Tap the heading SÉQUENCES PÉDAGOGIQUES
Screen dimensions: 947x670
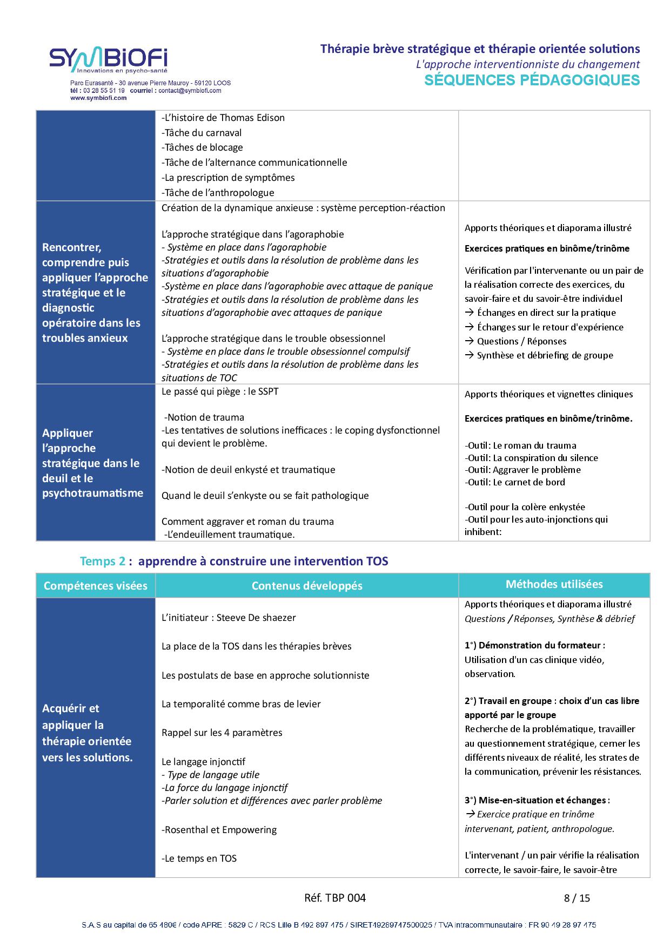532,80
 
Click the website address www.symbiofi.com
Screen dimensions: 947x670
98,98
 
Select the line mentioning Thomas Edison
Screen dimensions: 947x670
223,118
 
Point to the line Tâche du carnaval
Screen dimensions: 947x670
202,133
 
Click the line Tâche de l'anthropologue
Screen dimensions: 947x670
218,193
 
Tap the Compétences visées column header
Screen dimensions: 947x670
96,586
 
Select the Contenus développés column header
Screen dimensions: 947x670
307,586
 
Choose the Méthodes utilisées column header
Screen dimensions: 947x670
554,584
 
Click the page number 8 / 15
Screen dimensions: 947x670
577,898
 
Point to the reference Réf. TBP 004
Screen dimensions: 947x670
335,898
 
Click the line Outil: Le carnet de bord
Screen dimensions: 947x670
515,482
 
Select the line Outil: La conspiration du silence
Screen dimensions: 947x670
532,458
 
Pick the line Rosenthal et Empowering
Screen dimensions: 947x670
219,830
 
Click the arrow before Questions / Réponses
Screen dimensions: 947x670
469,341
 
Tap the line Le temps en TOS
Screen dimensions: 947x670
199,858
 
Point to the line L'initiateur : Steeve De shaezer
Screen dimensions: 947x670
229,618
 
